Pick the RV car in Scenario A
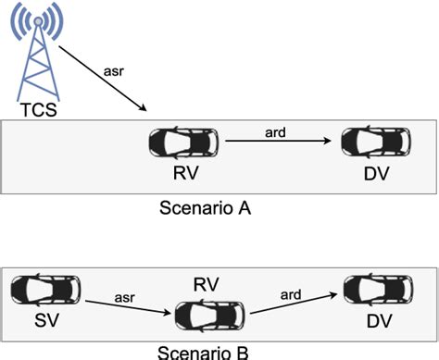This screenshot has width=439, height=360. coord(184,143)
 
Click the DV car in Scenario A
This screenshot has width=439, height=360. coord(376,143)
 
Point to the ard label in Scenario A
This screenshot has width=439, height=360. coord(274,130)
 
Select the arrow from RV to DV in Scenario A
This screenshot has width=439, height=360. coord(278,142)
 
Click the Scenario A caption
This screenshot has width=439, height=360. coord(207,208)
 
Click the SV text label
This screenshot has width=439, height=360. coord(40,322)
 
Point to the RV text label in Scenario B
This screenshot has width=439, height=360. coord(207,280)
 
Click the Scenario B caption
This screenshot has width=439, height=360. coord(207,352)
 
